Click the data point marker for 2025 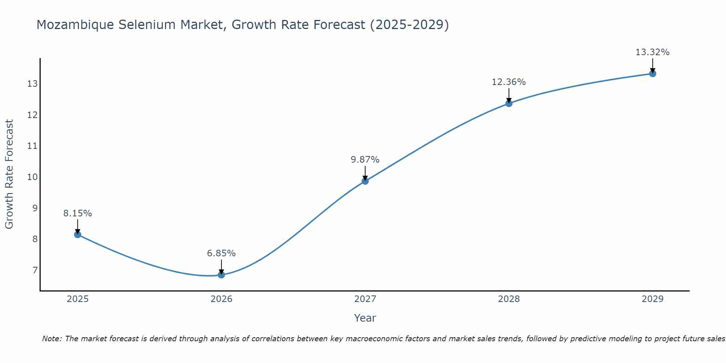[x=78, y=234]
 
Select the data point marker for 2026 [x=221, y=275]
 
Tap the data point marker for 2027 [x=365, y=181]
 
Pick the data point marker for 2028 [x=509, y=103]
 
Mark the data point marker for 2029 [x=653, y=74]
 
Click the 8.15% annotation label [x=78, y=213]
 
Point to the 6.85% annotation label [x=221, y=253]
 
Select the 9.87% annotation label [x=365, y=160]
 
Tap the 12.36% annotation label [x=509, y=82]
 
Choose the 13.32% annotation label [x=653, y=52]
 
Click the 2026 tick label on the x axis [x=221, y=299]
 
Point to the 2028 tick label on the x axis [x=509, y=299]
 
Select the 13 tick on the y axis [x=32, y=84]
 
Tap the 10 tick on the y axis [x=32, y=177]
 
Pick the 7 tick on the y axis [x=35, y=270]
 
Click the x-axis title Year [x=365, y=318]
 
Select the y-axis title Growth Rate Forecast [x=9, y=174]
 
